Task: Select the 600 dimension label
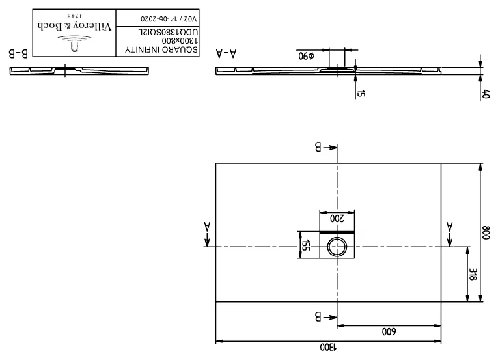[389, 331]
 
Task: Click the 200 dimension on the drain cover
[337, 219]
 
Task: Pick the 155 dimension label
[304, 245]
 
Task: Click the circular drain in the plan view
[337, 247]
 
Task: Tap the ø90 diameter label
[306, 55]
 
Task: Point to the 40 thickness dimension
[486, 94]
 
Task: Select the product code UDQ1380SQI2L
[167, 31]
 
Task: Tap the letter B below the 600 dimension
[320, 318]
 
